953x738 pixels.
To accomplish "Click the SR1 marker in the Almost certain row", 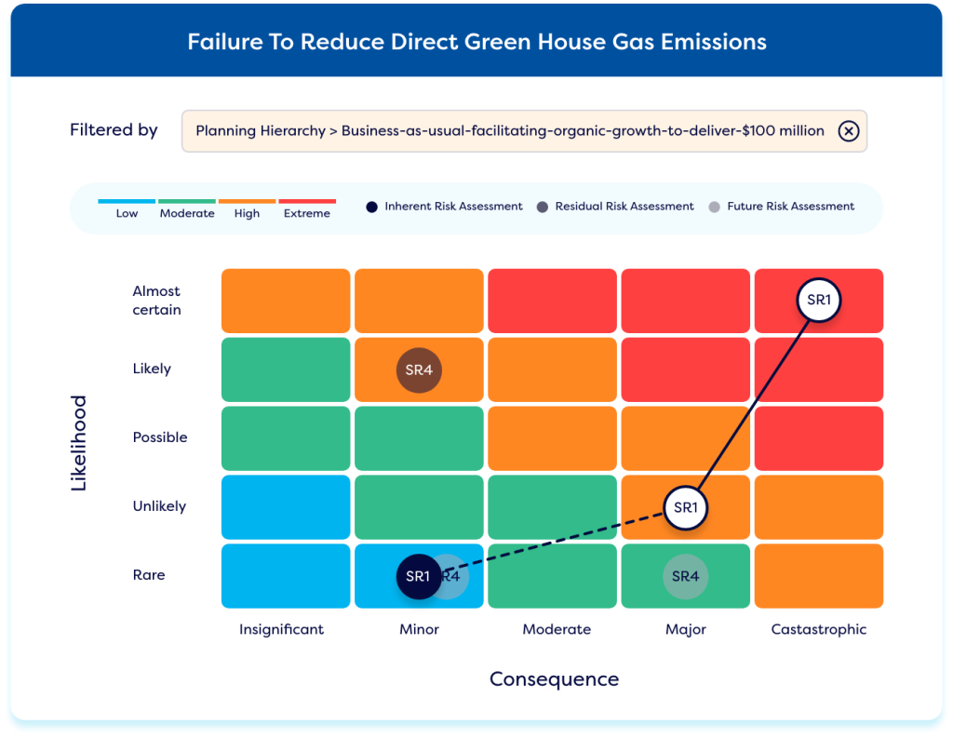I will point(819,300).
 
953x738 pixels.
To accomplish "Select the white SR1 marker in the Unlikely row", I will point(685,508).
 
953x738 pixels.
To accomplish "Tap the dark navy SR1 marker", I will point(419,576).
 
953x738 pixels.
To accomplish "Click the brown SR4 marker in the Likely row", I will point(419,370).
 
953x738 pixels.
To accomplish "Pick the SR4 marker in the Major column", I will point(685,576).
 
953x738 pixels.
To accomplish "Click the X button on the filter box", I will point(848,131).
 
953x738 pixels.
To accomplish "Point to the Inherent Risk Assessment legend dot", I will point(371,207).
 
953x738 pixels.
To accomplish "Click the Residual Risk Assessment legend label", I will point(624,207).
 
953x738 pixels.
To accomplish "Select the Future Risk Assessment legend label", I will point(790,207).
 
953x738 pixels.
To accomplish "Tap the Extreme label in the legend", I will point(307,214).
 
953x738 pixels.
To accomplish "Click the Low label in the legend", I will point(127,214).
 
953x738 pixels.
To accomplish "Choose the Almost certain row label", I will point(156,301).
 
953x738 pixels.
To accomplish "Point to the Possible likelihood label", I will point(160,437).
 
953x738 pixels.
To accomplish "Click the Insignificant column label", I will point(282,629).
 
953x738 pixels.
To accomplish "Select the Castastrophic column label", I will point(819,629).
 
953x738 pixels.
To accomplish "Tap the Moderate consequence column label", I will point(557,629).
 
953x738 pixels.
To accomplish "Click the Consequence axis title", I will point(554,679).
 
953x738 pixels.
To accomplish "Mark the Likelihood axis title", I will point(79,443).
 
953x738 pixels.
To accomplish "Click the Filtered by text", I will point(114,130).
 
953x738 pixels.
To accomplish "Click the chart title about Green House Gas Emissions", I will point(476,43).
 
